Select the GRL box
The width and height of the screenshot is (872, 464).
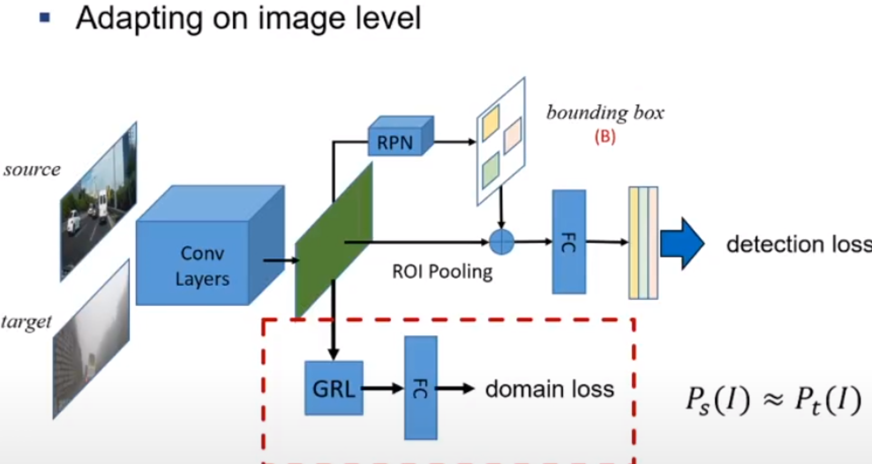(x=334, y=389)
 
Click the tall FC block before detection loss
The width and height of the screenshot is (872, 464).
(x=569, y=242)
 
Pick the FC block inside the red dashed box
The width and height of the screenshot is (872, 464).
(x=421, y=388)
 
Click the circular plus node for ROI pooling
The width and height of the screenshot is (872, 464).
(x=502, y=242)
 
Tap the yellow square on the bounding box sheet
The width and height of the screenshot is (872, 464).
(x=490, y=122)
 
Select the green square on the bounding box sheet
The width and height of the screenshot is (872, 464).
(x=490, y=171)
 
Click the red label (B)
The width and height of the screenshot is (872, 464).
(x=605, y=137)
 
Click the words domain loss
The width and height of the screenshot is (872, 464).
(x=550, y=389)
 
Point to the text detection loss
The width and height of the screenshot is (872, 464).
(x=798, y=244)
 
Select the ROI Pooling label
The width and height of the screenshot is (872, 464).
(x=442, y=272)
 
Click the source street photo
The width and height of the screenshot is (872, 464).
(x=99, y=201)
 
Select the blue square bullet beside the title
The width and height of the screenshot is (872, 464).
(x=45, y=18)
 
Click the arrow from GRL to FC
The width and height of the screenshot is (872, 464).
(x=383, y=389)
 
